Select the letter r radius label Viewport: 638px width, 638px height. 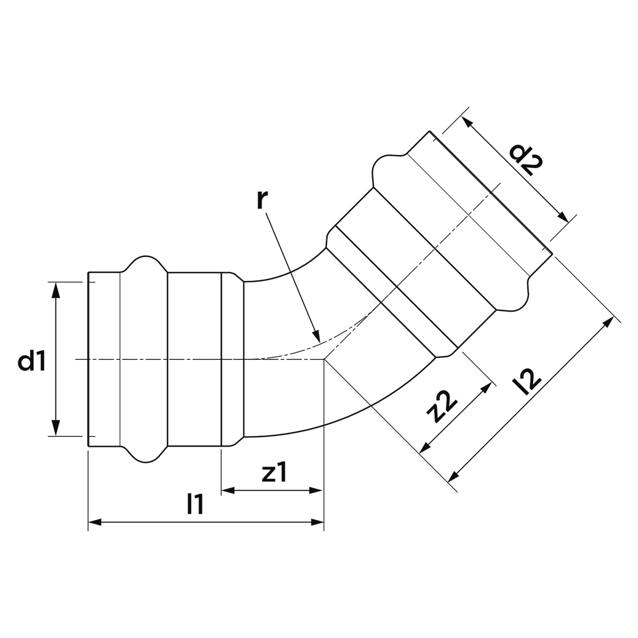262,200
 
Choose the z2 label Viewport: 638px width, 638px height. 442,407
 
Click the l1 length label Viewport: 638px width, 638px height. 195,503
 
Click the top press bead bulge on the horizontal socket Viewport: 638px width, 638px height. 146,261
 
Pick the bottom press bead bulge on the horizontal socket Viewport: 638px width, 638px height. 146,457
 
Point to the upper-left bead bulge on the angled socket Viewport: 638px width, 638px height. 388,169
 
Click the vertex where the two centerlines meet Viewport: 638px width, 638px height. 324,359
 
